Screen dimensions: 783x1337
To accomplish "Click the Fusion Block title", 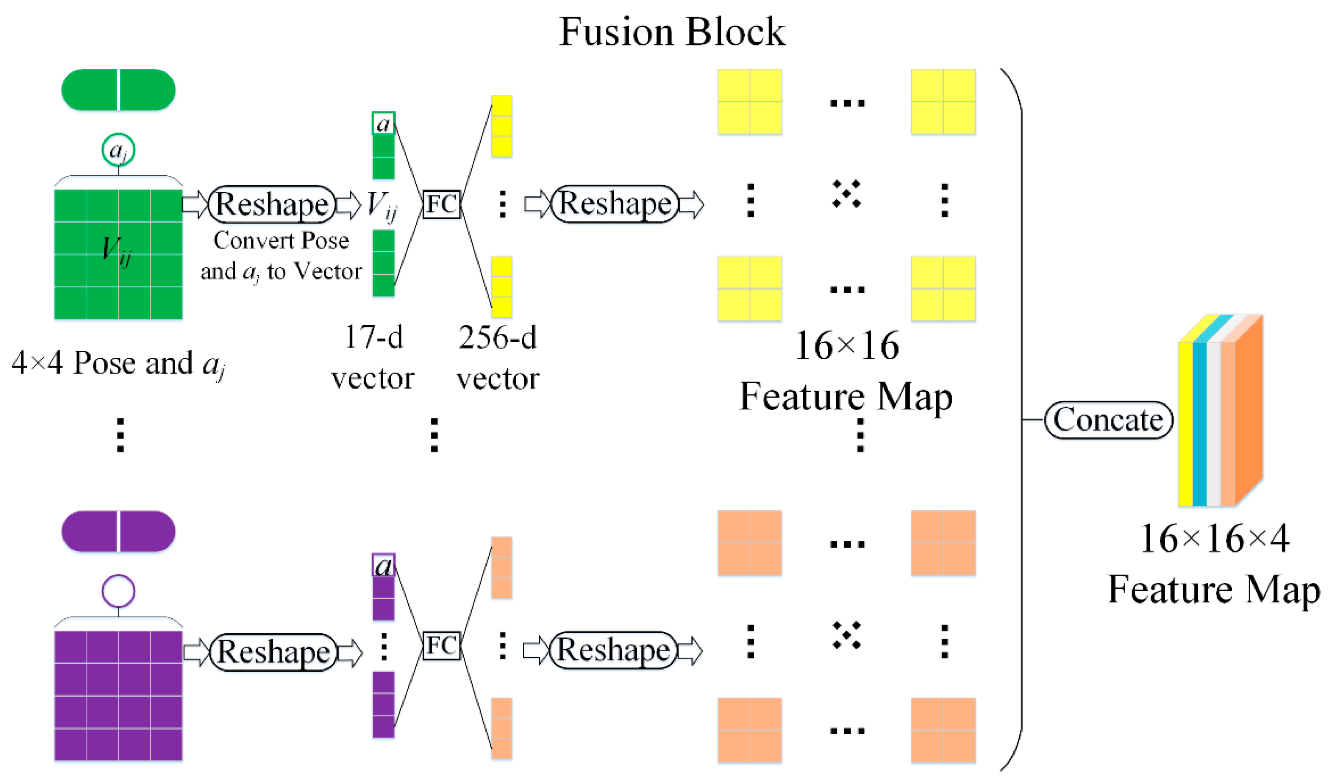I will pos(672,32).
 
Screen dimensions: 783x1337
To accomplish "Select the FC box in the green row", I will pos(441,204).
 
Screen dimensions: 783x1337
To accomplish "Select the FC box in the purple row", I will pos(441,645).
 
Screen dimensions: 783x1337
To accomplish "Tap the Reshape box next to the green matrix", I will pos(271,204).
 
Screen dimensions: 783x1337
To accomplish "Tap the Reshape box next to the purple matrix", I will pos(273,652).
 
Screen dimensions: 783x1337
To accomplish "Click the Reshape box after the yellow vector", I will pos(614,204).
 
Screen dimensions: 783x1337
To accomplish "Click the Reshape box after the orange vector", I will pos(613,650).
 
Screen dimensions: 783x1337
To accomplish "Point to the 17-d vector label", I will pos(373,358).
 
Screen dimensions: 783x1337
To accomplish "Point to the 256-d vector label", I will pos(498,358).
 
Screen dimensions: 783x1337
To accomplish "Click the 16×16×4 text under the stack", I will pos(1214,540).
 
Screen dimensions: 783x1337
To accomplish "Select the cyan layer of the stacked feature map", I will pos(1199,424).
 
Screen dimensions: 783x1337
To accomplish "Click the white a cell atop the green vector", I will pos(383,123).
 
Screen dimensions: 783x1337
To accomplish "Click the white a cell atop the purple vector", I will pos(383,565).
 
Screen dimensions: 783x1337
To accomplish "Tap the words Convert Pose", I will pos(281,240).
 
